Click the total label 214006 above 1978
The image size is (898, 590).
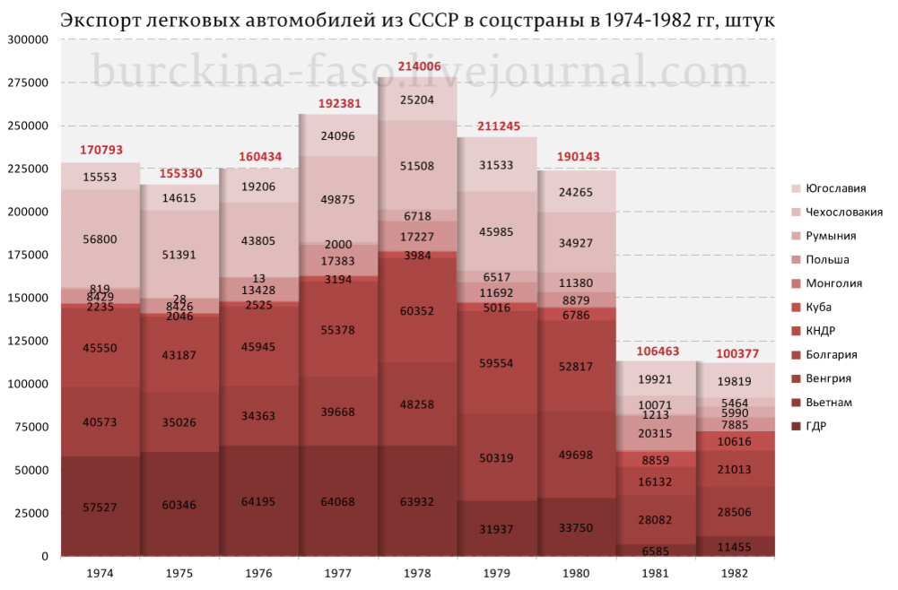pyautogui.click(x=418, y=66)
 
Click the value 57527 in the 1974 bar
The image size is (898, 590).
pyautogui.click(x=100, y=508)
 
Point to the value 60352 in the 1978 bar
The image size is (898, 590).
pyautogui.click(x=418, y=312)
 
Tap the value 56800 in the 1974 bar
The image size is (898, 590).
pyautogui.click(x=100, y=239)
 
